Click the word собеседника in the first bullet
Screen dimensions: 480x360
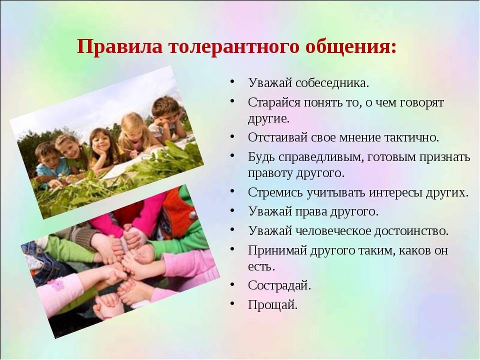(x=330, y=83)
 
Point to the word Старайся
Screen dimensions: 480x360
(x=274, y=102)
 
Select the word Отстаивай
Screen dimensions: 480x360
(x=277, y=137)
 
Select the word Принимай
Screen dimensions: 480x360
(x=277, y=250)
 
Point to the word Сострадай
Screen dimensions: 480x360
(x=279, y=285)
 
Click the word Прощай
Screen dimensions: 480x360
(x=272, y=305)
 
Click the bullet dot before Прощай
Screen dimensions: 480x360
(x=232, y=303)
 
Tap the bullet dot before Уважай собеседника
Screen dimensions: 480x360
(x=232, y=82)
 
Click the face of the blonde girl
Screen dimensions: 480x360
(x=134, y=129)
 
